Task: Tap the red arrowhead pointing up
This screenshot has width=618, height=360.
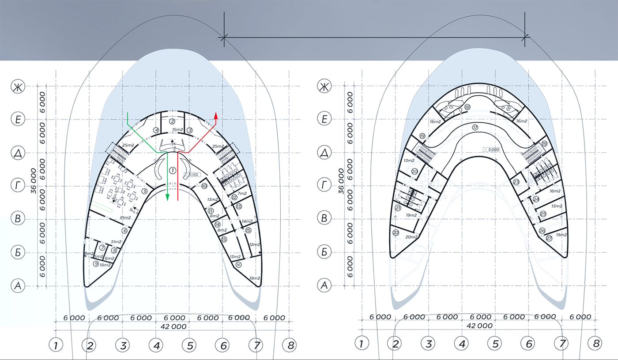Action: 216,116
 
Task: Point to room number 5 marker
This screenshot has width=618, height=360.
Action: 144,191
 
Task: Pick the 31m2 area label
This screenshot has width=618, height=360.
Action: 116,241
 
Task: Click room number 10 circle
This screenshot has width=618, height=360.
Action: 204,186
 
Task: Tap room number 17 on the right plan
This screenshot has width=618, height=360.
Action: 475,127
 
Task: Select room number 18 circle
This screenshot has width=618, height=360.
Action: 467,107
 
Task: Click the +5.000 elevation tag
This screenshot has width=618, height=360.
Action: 491,149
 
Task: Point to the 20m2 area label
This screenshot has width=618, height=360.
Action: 411,237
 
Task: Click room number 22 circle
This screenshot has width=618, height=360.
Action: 396,232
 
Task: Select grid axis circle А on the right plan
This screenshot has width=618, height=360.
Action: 325,286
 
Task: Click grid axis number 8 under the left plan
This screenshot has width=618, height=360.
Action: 290,346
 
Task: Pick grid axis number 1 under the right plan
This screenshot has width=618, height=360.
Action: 362,343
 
